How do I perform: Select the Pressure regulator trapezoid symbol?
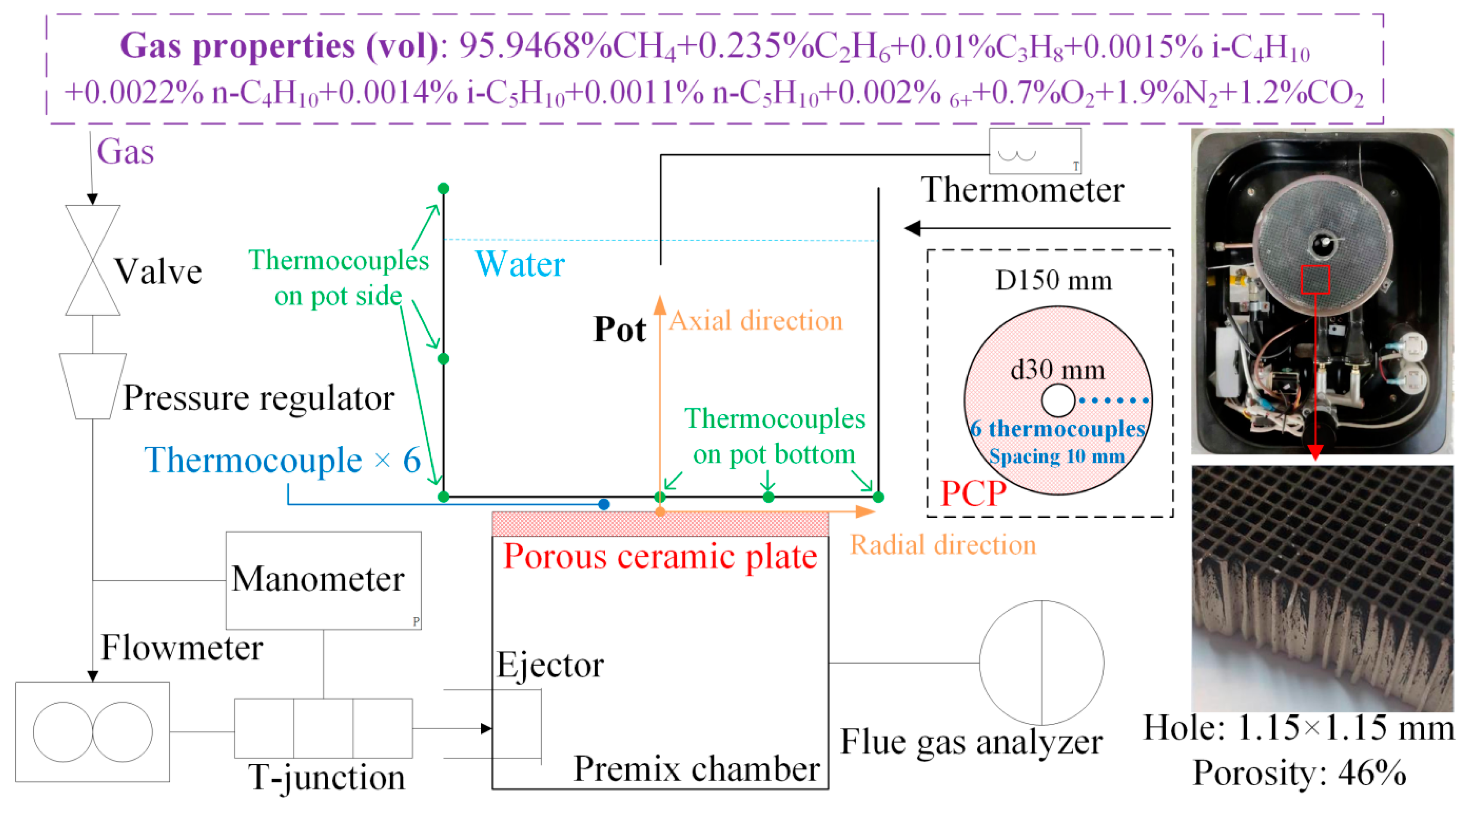(93, 385)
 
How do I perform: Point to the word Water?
(520, 264)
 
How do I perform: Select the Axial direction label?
(755, 321)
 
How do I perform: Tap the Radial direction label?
(943, 544)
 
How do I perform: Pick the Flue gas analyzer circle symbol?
(1042, 663)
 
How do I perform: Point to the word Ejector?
(550, 665)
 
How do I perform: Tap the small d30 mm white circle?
(1058, 400)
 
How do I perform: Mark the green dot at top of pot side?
(443, 188)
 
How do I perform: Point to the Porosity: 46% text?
(1299, 773)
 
